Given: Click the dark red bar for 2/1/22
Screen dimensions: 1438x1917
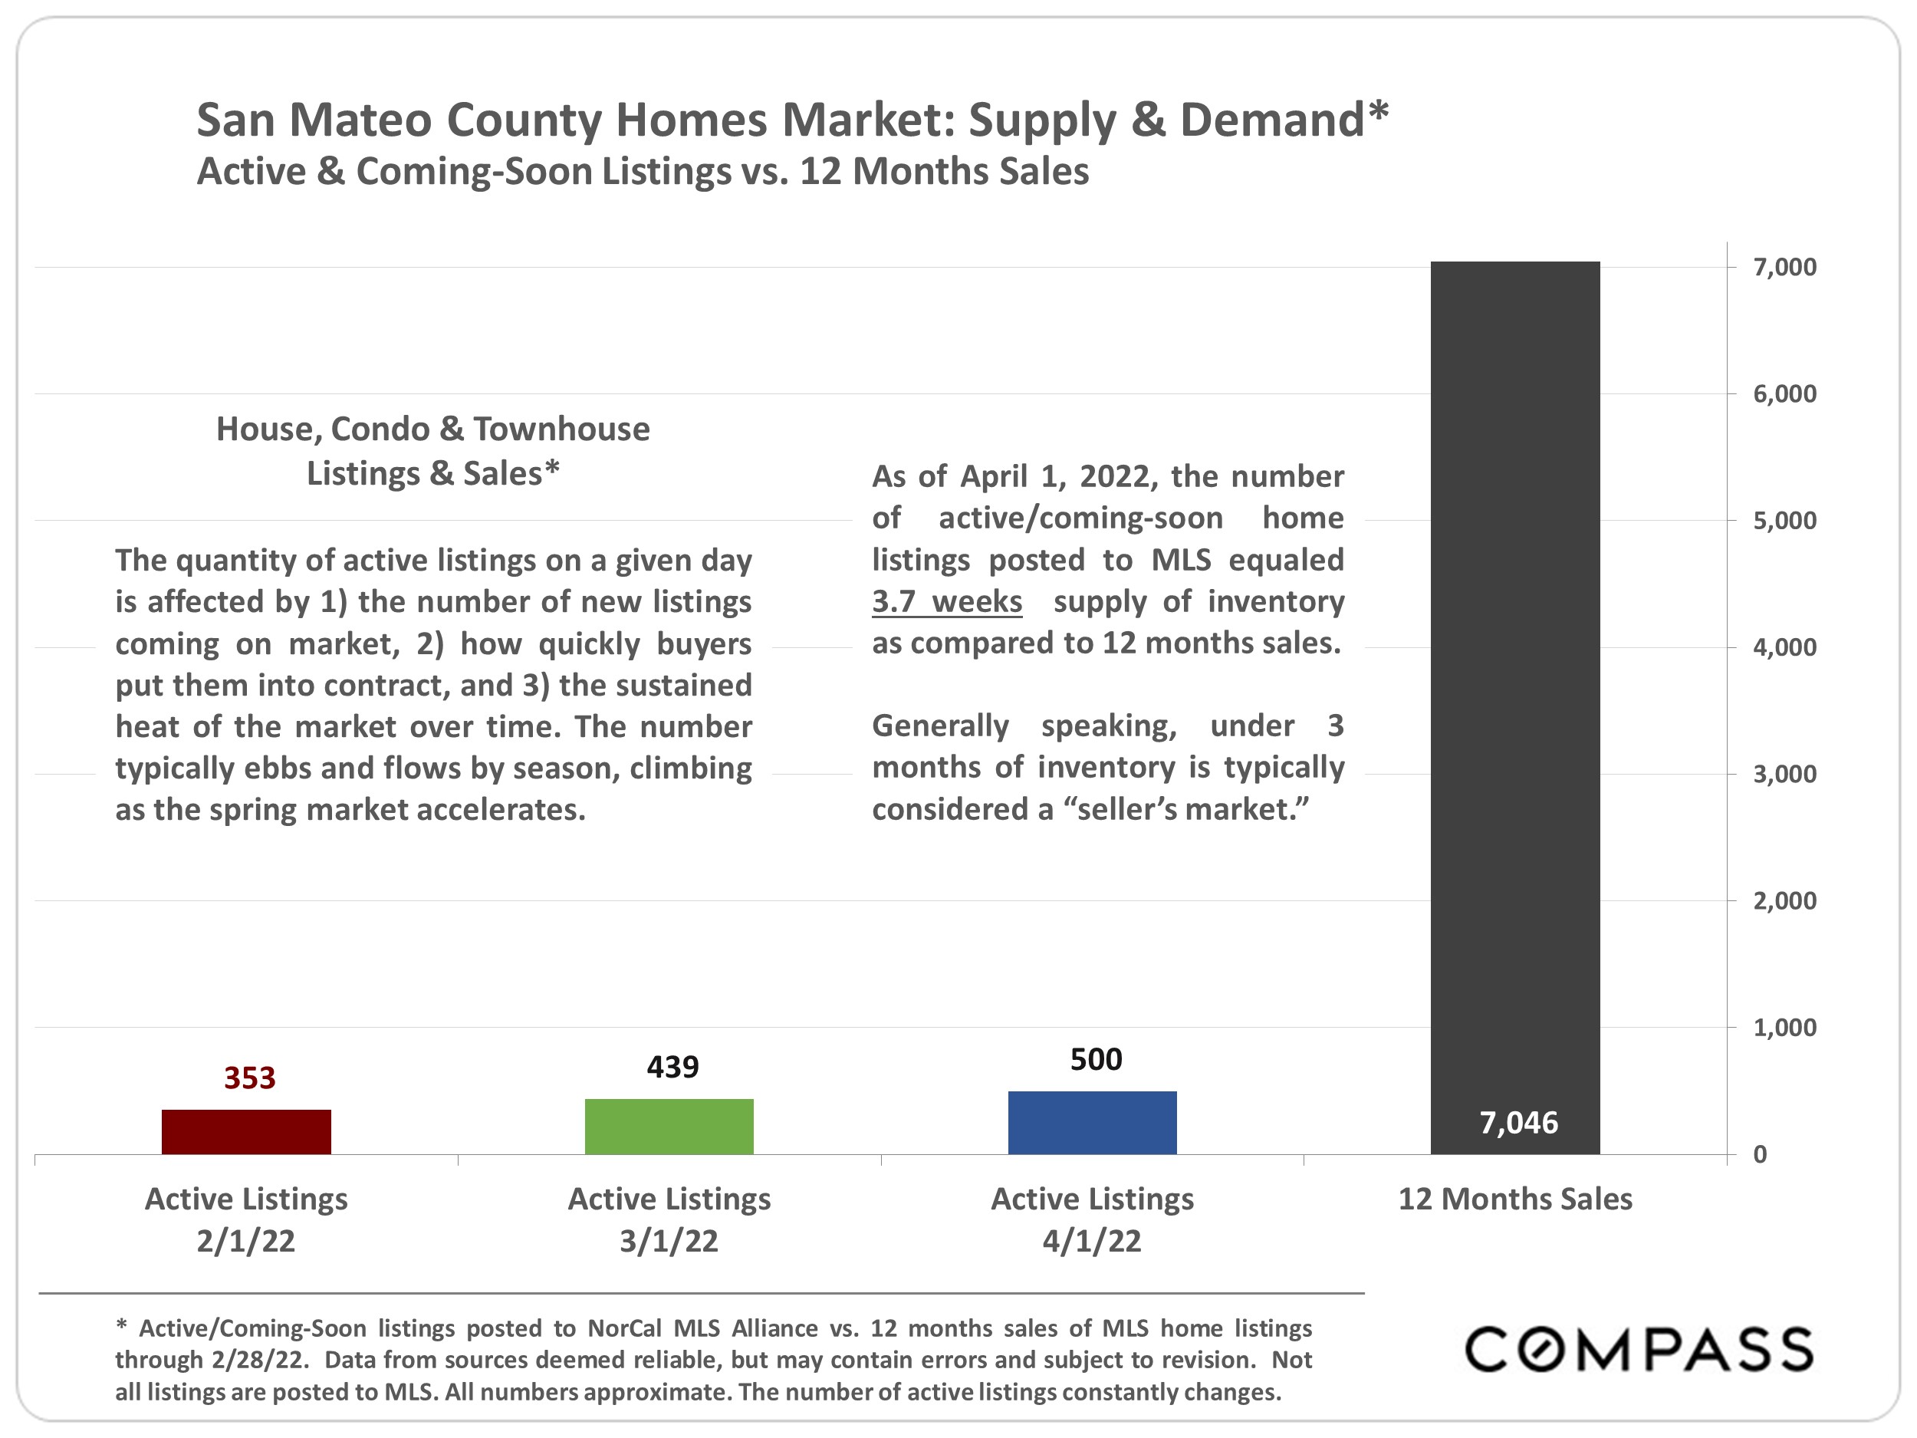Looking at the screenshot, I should (x=246, y=1131).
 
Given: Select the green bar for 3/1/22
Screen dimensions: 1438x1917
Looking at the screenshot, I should (x=669, y=1126).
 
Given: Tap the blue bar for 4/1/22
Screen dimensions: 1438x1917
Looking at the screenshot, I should (x=1092, y=1123).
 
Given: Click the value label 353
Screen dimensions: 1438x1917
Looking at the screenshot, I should (x=249, y=1078).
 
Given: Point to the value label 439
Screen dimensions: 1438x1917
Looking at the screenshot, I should (x=672, y=1066).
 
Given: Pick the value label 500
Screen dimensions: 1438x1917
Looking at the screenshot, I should (x=1096, y=1059).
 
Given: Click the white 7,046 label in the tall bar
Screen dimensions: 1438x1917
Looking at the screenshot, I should (x=1518, y=1123).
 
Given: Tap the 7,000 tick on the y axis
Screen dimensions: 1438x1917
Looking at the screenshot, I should (x=1784, y=267).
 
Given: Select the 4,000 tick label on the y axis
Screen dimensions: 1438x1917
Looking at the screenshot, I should (x=1784, y=647).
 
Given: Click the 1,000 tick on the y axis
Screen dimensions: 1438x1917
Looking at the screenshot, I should (x=1784, y=1028).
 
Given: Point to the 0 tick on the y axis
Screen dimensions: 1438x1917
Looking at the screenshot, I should (x=1759, y=1154).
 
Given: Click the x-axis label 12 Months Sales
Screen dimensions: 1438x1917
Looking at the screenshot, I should (x=1515, y=1199).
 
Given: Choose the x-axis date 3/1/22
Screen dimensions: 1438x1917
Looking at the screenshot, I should (x=669, y=1241).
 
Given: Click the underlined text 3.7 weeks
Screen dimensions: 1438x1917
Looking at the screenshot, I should (x=946, y=601).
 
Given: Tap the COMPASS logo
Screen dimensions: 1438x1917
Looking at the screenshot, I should (x=1639, y=1350).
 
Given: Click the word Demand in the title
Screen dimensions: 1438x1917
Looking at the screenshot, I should (x=1272, y=120).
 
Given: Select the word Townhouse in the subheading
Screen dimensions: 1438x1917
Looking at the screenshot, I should (x=561, y=429).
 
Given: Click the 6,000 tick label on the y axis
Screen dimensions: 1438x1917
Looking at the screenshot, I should (x=1784, y=393).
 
